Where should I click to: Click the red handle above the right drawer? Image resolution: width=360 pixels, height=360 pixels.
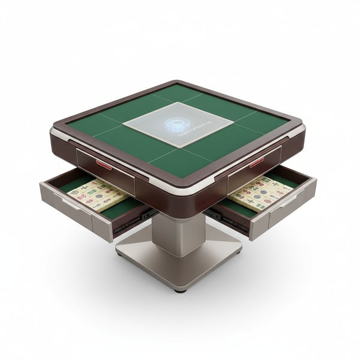tap(257, 162)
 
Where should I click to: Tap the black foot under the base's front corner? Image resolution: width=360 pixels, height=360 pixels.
tap(181, 289)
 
